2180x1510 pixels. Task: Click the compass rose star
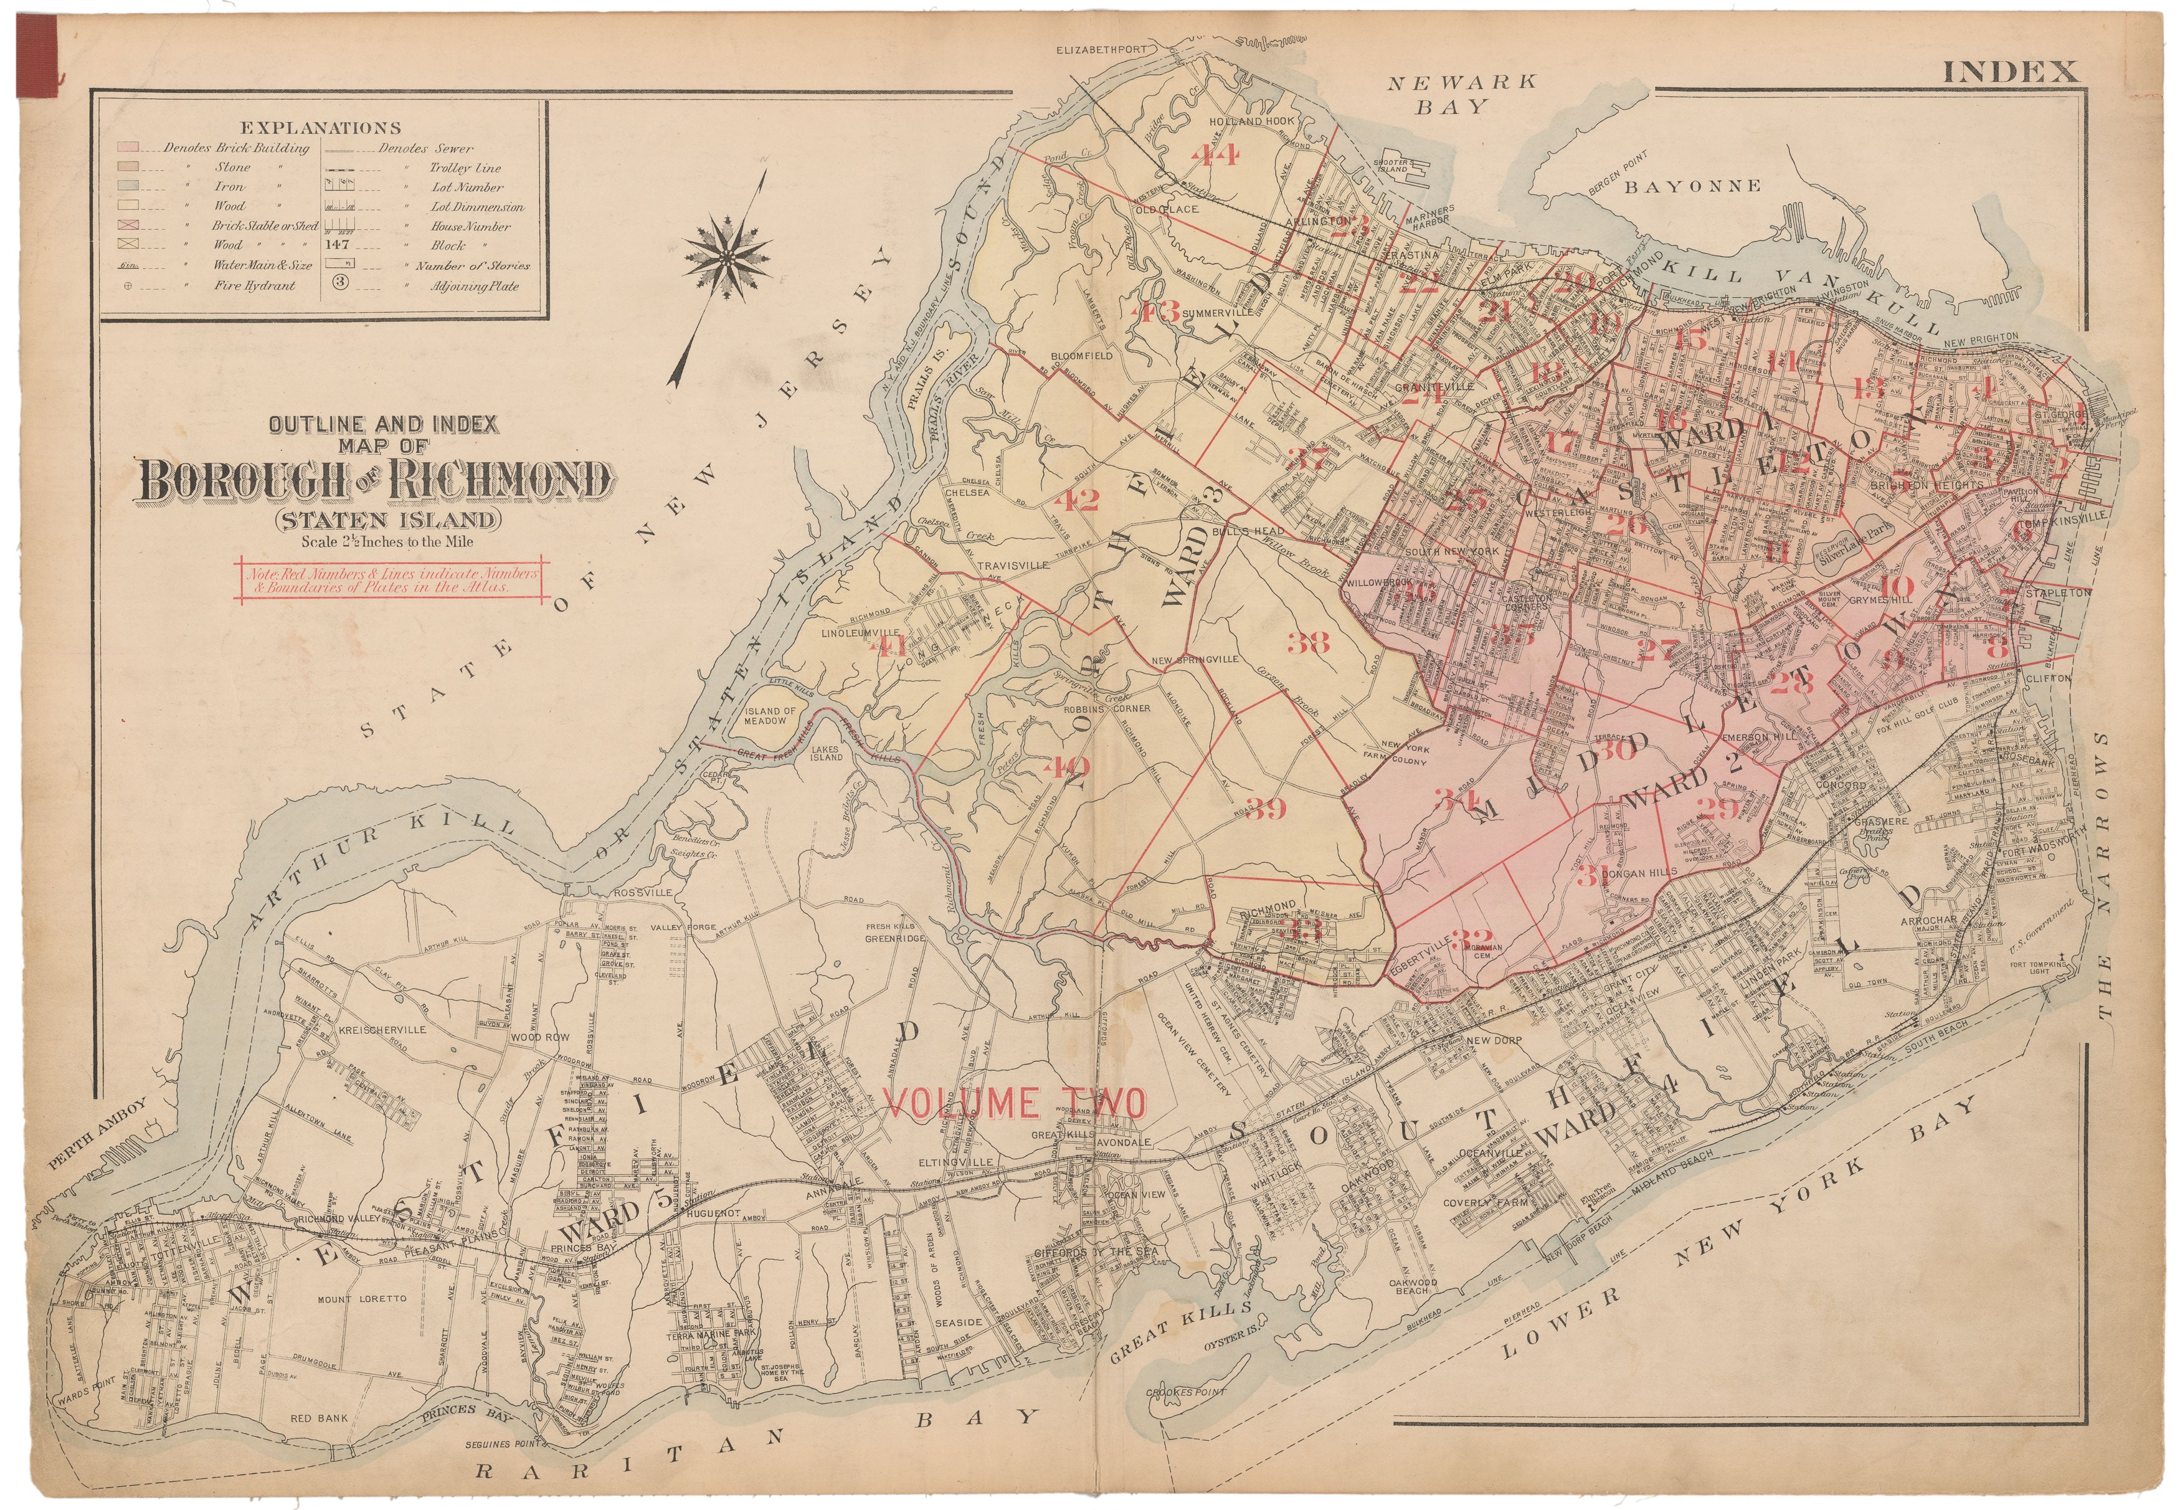tap(726, 257)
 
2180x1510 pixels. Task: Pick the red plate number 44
tap(1215, 153)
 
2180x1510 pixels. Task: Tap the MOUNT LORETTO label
tap(363, 1299)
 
